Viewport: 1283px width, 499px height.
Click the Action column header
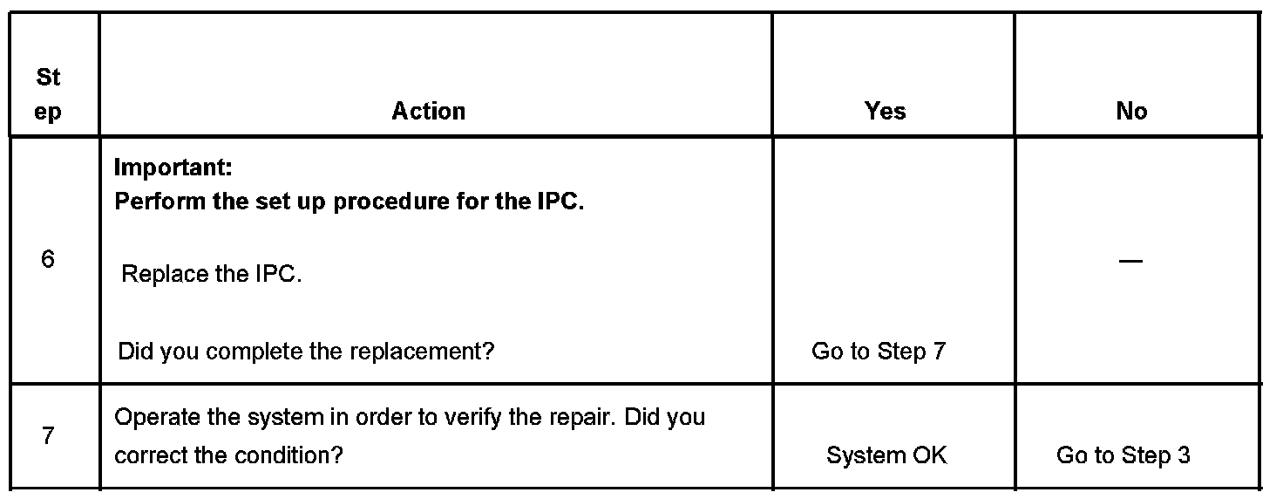click(428, 112)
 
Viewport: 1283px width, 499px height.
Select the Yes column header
click(885, 112)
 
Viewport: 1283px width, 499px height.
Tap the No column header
click(1130, 112)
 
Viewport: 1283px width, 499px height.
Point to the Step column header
click(49, 95)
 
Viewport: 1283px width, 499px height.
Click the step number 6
click(49, 259)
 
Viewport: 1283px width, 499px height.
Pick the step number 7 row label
click(49, 435)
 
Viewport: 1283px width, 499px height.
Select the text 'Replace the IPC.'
click(212, 275)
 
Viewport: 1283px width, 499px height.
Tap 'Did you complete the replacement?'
click(306, 352)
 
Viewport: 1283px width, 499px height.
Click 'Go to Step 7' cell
click(878, 352)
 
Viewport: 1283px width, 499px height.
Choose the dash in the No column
click(1130, 261)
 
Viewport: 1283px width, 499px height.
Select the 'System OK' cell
click(886, 455)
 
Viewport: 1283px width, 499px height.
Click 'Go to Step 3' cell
click(1123, 455)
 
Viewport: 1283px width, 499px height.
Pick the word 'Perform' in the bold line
click(160, 202)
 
